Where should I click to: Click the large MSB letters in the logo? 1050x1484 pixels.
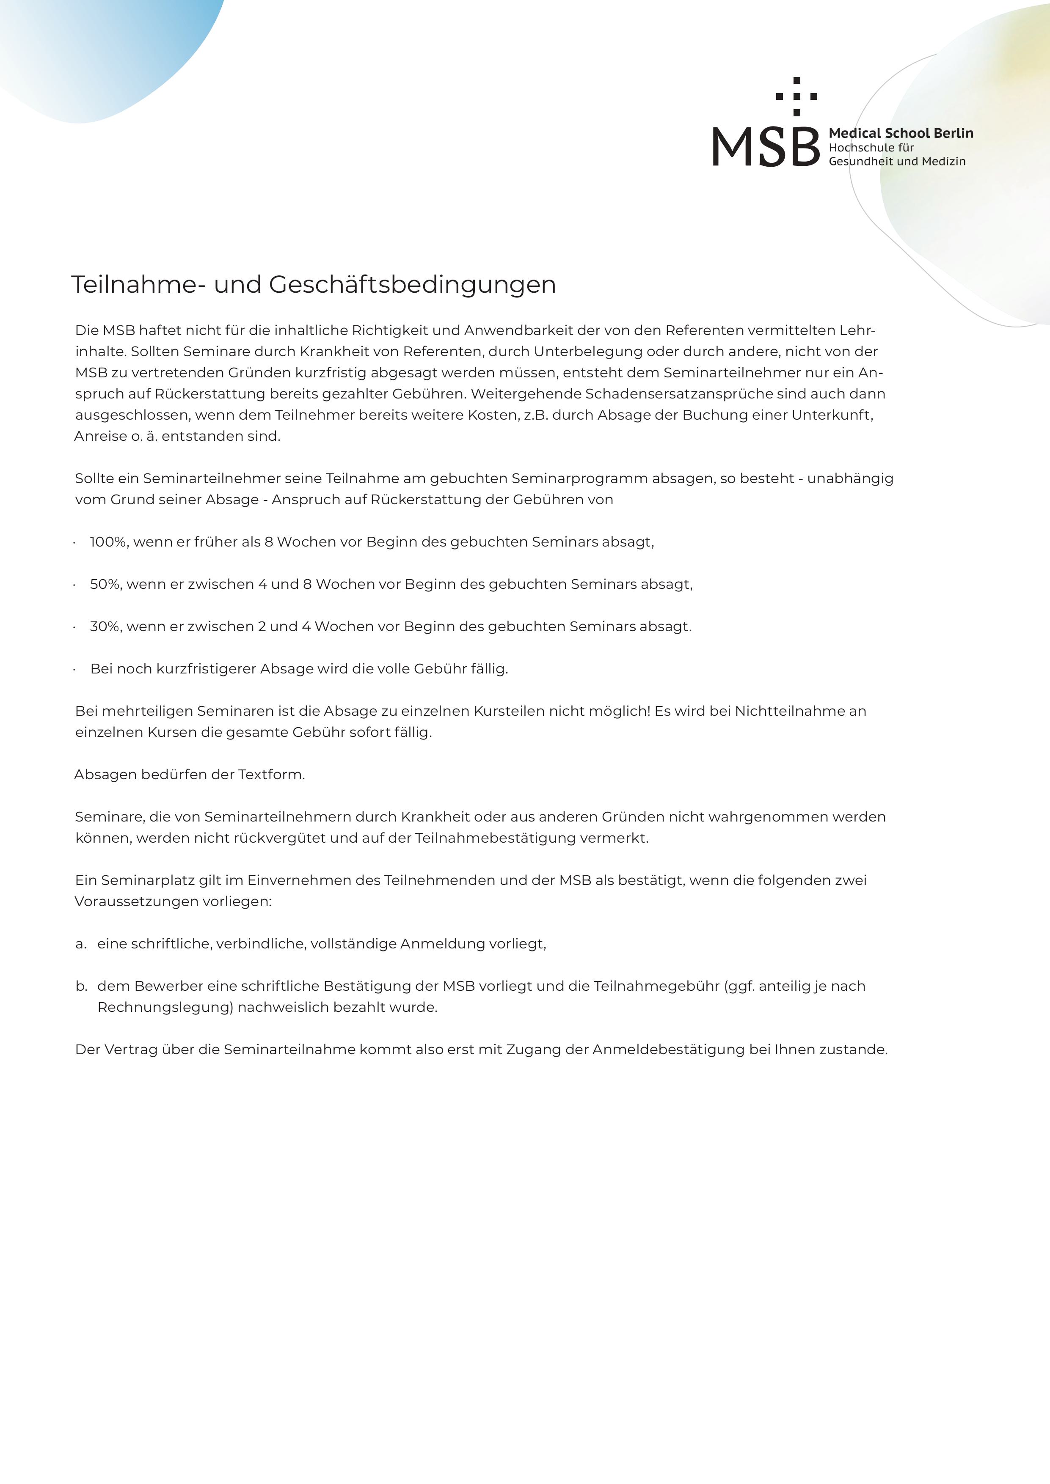click(766, 147)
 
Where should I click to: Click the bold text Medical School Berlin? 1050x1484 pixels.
click(901, 133)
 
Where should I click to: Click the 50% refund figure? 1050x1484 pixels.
click(105, 584)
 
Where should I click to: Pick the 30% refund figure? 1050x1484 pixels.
click(105, 627)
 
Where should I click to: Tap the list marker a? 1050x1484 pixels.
click(81, 944)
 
